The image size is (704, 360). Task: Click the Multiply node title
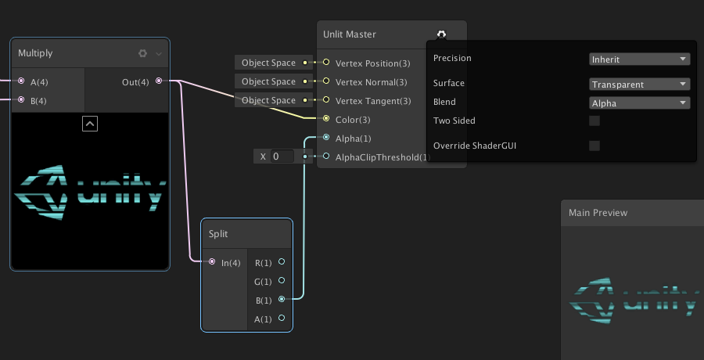36,53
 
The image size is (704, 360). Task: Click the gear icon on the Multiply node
142,53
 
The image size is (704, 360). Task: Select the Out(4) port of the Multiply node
159,81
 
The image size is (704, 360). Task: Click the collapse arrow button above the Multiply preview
90,123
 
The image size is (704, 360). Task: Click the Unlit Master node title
350,34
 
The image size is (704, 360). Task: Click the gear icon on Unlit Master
441,34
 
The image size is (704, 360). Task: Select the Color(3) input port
326,119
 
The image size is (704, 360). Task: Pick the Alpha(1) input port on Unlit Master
326,138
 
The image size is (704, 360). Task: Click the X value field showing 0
282,157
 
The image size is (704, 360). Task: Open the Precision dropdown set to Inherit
639,59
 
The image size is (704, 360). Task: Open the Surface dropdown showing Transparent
639,84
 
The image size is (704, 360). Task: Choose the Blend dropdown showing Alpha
639,103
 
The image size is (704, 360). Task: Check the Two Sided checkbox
594,121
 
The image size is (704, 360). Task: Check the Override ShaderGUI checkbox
594,146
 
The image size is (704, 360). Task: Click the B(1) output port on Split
282,299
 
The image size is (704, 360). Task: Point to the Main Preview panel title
598,212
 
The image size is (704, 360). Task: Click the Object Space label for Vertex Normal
268,81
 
